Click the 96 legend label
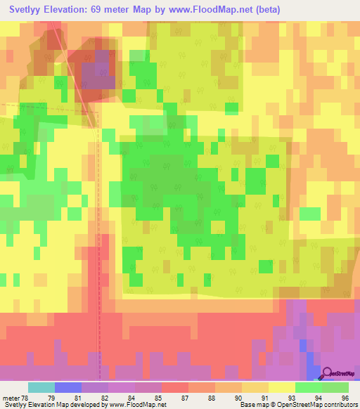tap(345, 398)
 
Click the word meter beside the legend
tap(10, 398)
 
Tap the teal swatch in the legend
tap(41, 387)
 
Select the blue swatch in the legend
tap(68, 387)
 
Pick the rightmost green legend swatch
tap(335, 387)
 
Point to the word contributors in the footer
tap(338, 405)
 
